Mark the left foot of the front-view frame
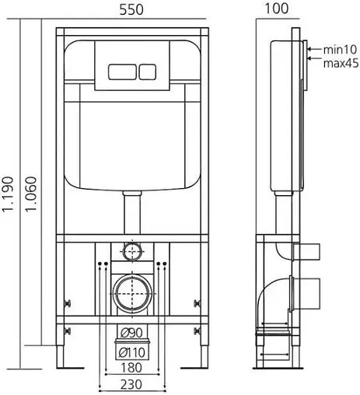point(61,362)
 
